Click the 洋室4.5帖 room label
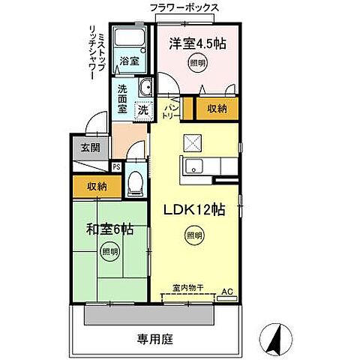coord(196,44)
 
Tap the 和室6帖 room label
coord(109,229)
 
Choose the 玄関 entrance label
coord(90,147)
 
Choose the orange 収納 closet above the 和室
coord(94,186)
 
